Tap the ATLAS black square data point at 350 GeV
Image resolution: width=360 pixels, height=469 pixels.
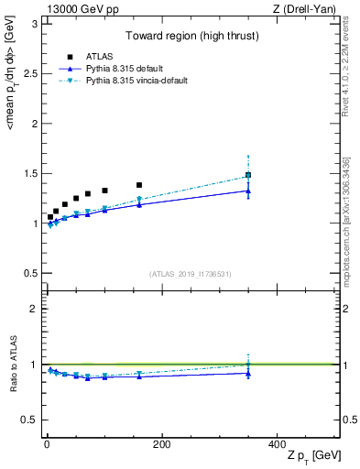[x=248, y=175]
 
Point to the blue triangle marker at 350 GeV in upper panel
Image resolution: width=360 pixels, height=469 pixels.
[x=248, y=191]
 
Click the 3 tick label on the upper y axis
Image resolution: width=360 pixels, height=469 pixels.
[x=33, y=24]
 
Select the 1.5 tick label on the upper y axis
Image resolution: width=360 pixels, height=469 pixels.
[x=28, y=173]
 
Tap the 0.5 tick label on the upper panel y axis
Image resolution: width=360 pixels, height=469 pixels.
[x=28, y=273]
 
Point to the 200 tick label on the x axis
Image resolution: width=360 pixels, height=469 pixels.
[x=161, y=444]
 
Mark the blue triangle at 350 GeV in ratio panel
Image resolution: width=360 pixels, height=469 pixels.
[x=248, y=373]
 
